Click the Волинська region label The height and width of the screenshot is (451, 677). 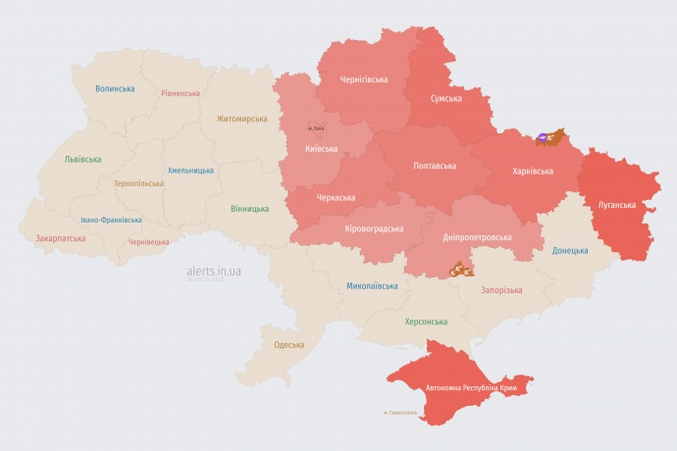pyautogui.click(x=115, y=88)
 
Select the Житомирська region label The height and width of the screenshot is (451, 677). pyautogui.click(x=241, y=119)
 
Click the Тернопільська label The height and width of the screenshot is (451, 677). pyautogui.click(x=138, y=183)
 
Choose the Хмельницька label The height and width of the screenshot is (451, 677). pyautogui.click(x=190, y=170)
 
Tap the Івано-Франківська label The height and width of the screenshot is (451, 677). pyautogui.click(x=111, y=220)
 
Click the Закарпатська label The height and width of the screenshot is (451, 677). pyautogui.click(x=60, y=238)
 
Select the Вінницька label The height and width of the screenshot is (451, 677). pyautogui.click(x=249, y=209)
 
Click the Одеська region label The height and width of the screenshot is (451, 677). pyautogui.click(x=288, y=344)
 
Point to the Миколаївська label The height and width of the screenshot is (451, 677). pyautogui.click(x=372, y=286)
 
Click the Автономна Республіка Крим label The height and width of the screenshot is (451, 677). pyautogui.click(x=471, y=388)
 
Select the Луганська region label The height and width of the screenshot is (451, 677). pyautogui.click(x=617, y=205)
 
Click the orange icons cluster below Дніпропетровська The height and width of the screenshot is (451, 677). pyautogui.click(x=459, y=268)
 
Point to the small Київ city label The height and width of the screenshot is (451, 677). pyautogui.click(x=316, y=127)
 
